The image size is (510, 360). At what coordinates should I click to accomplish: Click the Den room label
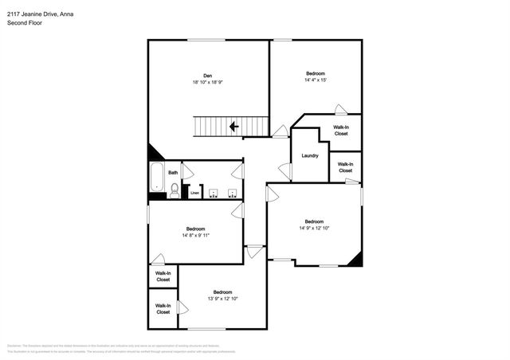pos(206,76)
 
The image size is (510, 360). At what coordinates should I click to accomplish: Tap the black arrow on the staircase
pos(233,126)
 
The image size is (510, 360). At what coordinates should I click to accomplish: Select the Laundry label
pos(309,155)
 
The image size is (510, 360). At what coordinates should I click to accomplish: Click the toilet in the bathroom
pos(175,190)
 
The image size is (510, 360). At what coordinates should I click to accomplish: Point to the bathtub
pos(156,179)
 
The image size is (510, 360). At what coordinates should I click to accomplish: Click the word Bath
pos(172,172)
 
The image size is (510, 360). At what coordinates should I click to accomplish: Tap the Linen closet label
pos(194,193)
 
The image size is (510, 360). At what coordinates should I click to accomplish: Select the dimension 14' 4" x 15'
pos(316,80)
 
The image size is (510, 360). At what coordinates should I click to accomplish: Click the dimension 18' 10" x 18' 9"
pos(206,82)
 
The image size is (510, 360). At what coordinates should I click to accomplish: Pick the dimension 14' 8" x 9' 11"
pos(195,235)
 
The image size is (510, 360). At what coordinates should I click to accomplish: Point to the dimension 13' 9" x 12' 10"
pos(222,299)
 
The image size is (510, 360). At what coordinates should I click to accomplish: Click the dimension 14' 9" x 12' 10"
pos(314,229)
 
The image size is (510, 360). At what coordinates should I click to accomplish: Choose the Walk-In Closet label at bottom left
pos(163,308)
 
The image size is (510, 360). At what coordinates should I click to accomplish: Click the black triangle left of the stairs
pos(155,152)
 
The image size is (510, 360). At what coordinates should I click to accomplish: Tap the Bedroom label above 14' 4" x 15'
pos(316,73)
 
